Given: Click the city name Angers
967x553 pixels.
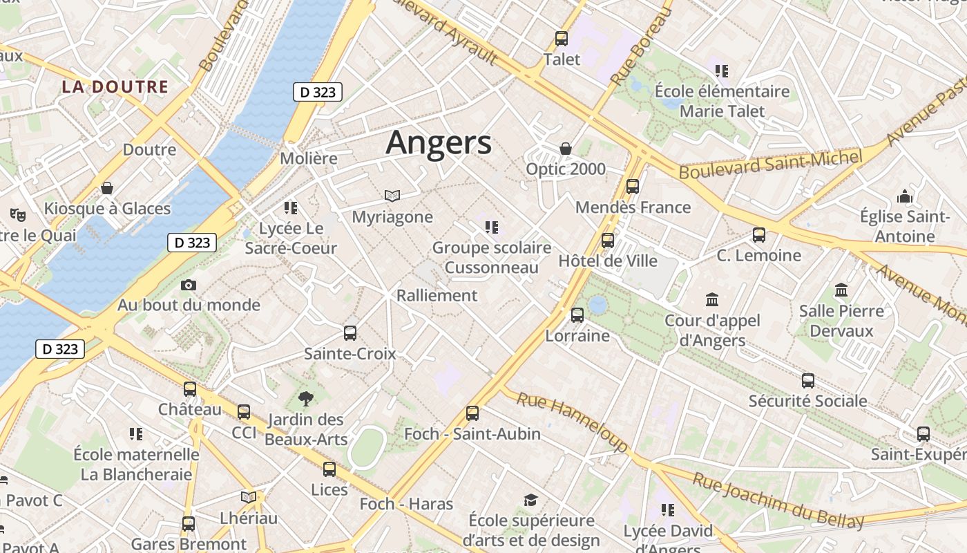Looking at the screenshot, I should (439, 143).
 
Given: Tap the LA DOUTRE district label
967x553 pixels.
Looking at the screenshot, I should (115, 86).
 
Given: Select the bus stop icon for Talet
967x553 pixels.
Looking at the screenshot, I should (562, 39).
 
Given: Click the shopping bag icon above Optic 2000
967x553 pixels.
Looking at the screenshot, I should (566, 149).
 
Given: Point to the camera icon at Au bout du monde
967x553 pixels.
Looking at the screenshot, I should (188, 285).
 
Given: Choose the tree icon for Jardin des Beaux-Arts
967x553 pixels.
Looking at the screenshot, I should (305, 399).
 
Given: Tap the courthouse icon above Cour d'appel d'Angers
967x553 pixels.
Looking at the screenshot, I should (712, 300).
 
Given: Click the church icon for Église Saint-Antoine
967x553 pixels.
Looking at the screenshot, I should (905, 197).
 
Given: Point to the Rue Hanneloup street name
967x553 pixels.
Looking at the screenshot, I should (571, 421).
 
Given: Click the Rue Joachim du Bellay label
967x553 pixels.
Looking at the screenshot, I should (778, 500).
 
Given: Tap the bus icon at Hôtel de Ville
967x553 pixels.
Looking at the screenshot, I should (608, 241).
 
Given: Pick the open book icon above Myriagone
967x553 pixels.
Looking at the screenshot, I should (392, 196).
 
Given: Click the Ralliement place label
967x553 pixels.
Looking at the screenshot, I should (437, 295).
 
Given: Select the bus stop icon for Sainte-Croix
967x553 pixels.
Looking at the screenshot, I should (350, 333).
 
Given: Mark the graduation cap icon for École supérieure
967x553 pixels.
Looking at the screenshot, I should (530, 500).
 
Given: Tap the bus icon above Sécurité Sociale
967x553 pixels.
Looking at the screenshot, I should (808, 380).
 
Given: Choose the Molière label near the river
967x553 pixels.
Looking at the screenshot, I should (309, 158).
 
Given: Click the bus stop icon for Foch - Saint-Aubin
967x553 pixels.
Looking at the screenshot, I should (472, 413).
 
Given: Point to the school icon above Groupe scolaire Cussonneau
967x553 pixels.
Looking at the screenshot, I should (492, 227).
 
